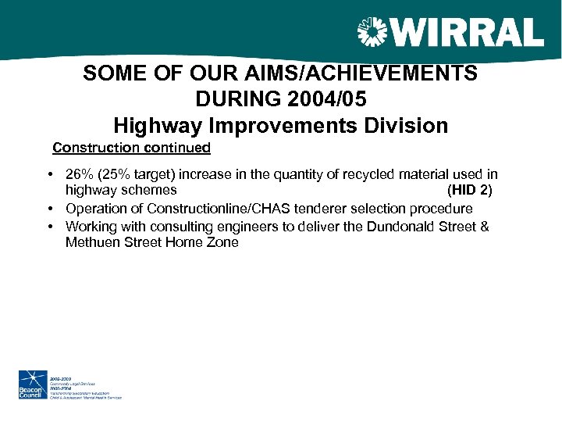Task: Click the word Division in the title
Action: [x=406, y=125]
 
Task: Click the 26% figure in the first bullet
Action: [x=80, y=174]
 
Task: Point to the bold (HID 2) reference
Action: [x=469, y=190]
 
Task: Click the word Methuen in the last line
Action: [x=91, y=242]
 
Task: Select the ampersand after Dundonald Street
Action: [x=485, y=227]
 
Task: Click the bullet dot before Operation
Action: [x=49, y=209]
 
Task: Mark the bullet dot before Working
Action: [x=49, y=227]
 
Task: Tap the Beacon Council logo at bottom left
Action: [x=31, y=385]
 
